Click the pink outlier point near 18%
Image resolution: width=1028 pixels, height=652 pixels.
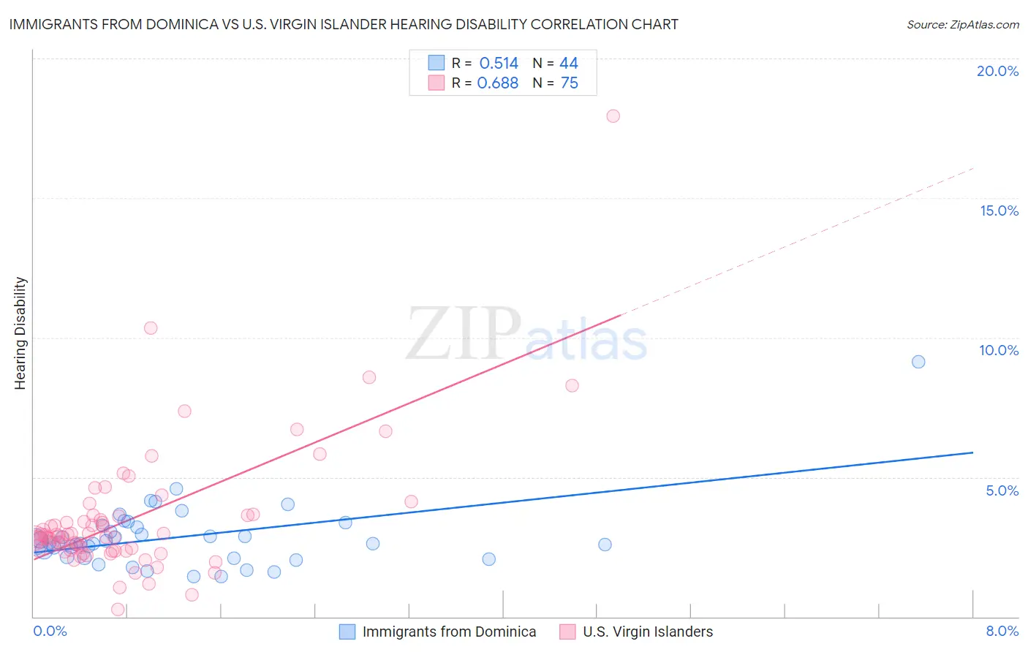(613, 116)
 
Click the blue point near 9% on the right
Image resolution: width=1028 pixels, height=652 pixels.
(918, 362)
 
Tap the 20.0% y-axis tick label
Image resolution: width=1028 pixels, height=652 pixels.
(997, 71)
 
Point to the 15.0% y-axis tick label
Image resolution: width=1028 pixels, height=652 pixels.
(999, 211)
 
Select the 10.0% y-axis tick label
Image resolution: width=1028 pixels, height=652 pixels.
(999, 350)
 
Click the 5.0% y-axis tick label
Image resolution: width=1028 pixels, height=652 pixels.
(1002, 490)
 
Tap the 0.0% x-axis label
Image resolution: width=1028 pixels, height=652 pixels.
(50, 631)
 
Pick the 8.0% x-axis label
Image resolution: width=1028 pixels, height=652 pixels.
(1002, 631)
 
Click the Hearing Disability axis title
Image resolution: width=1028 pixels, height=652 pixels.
(20, 333)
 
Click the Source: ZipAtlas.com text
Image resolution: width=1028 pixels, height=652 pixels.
(962, 25)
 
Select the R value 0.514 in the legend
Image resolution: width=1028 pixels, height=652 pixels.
(499, 64)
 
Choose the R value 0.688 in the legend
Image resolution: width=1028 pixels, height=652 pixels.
(497, 83)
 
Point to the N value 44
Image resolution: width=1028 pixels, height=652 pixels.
(568, 64)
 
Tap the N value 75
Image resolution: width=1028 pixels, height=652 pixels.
(569, 83)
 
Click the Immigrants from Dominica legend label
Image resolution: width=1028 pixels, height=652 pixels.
(449, 632)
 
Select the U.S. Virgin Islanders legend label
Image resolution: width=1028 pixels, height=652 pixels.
(647, 632)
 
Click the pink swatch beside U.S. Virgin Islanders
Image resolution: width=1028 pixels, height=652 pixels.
(567, 632)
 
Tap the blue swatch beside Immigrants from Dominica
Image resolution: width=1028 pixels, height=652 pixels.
(347, 632)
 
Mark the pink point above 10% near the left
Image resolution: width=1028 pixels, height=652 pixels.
(151, 328)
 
